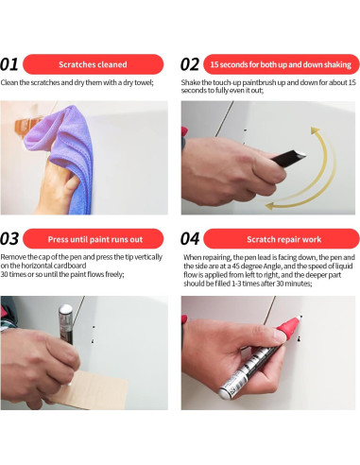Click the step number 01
point(9,64)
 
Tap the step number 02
point(190,64)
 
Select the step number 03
point(9,239)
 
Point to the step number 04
point(190,239)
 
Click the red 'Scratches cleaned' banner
point(93,64)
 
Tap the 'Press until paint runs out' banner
point(93,239)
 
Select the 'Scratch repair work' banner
point(282,239)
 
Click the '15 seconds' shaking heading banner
point(282,64)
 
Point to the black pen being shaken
point(288,157)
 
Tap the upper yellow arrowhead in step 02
point(315,130)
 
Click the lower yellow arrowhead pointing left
point(270,206)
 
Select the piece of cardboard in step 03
point(92,389)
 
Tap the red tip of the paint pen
point(288,329)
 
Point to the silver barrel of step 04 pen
point(248,371)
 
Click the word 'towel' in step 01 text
point(144,82)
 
